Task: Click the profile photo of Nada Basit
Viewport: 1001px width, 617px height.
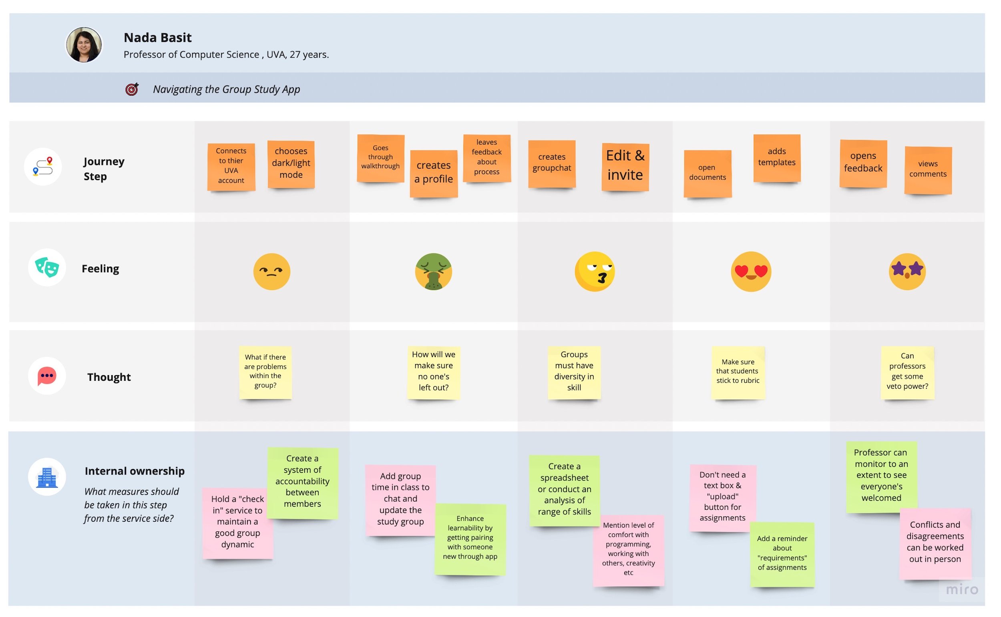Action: pos(84,45)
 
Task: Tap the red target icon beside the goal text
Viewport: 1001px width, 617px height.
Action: pos(132,89)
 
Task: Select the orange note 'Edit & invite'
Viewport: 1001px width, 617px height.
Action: pos(625,167)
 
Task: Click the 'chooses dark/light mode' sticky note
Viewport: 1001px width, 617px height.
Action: pos(291,164)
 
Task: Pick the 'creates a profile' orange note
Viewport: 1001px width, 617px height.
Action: pos(433,173)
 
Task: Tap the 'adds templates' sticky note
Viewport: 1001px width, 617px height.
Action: pos(776,158)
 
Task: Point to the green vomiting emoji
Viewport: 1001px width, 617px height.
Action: pos(433,271)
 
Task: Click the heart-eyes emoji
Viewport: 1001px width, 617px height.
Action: pos(751,271)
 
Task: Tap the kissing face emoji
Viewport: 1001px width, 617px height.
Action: pos(595,271)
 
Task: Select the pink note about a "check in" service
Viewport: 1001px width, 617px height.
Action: pos(237,523)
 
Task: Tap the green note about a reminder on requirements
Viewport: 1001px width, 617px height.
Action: pos(782,554)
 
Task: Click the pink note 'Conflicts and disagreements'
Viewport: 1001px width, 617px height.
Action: pos(935,543)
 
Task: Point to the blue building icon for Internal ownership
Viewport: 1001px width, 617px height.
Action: pos(47,476)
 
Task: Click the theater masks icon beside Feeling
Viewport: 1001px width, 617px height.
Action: pos(47,267)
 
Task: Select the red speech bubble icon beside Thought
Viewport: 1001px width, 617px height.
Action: pos(47,376)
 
